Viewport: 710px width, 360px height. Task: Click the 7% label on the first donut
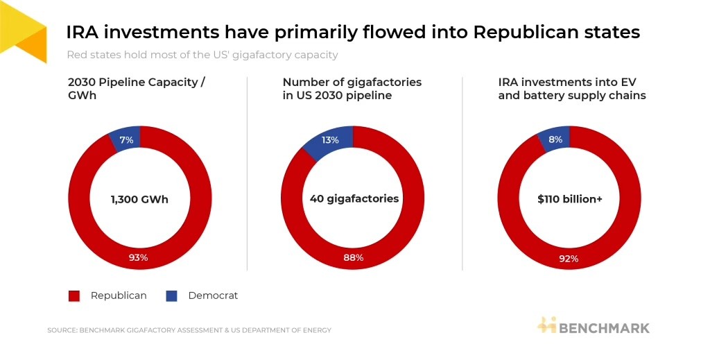click(126, 140)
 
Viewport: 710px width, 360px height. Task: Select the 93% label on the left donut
click(138, 257)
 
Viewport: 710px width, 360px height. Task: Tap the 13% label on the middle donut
click(330, 140)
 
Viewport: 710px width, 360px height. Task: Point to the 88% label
click(353, 257)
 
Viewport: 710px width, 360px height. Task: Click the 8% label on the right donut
click(555, 139)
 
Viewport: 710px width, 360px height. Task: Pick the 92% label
click(569, 259)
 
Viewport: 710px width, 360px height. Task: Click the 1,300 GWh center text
click(139, 199)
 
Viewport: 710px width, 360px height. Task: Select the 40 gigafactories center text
click(354, 199)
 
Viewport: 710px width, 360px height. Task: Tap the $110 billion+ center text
click(570, 199)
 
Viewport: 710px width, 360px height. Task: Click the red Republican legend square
click(73, 296)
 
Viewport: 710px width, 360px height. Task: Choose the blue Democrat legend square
click(172, 296)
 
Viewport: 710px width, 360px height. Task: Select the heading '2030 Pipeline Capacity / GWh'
click(137, 89)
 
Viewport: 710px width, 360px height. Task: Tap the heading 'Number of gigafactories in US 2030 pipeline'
click(352, 89)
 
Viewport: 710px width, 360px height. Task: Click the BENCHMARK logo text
click(604, 328)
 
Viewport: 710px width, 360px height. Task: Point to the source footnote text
click(189, 330)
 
